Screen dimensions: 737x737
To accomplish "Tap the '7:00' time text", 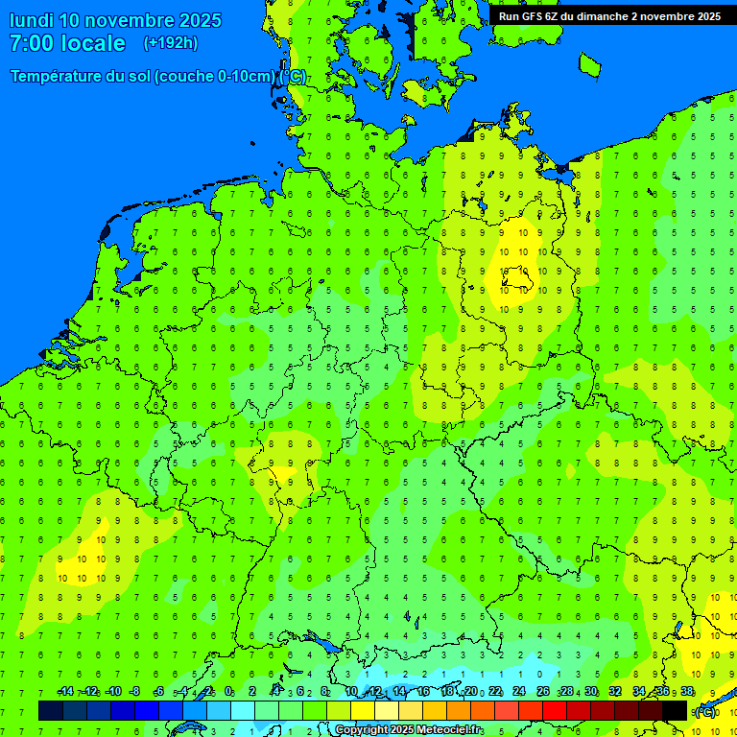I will (x=31, y=43).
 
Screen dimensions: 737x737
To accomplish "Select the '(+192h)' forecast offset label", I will (x=171, y=43).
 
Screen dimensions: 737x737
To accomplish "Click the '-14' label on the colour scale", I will (x=65, y=692).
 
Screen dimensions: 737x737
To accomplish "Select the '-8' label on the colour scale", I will (x=134, y=692).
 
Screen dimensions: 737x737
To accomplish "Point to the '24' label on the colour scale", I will (x=519, y=692).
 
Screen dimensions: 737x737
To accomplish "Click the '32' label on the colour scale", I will (x=615, y=692).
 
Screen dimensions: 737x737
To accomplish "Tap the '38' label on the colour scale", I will (x=687, y=692).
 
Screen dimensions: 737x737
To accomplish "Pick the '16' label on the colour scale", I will (x=423, y=692).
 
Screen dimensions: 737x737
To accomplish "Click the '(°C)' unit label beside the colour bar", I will (x=705, y=712).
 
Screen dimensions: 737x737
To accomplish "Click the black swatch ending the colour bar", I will (x=675, y=711).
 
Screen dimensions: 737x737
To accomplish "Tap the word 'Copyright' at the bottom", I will (x=361, y=730).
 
